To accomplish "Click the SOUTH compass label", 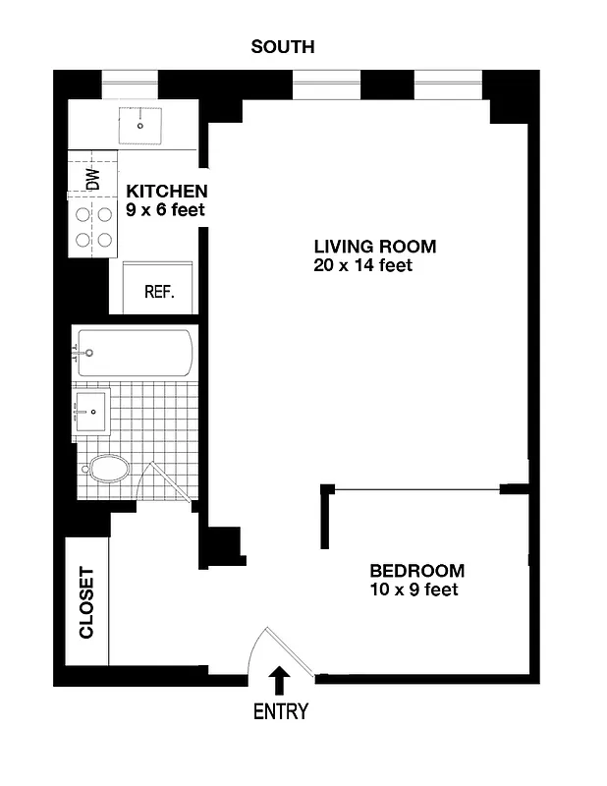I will coord(283,46).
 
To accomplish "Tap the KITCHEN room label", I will coord(166,192).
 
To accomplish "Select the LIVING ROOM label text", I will coord(374,247).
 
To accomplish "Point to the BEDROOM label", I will coord(416,571).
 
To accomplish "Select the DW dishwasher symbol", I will coord(92,179).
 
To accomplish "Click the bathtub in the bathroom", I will coord(136,352).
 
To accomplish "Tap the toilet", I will coord(106,469).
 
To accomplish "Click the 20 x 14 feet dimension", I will coord(362,265).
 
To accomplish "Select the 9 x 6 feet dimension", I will coord(165,210).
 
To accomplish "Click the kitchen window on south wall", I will coord(130,84).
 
